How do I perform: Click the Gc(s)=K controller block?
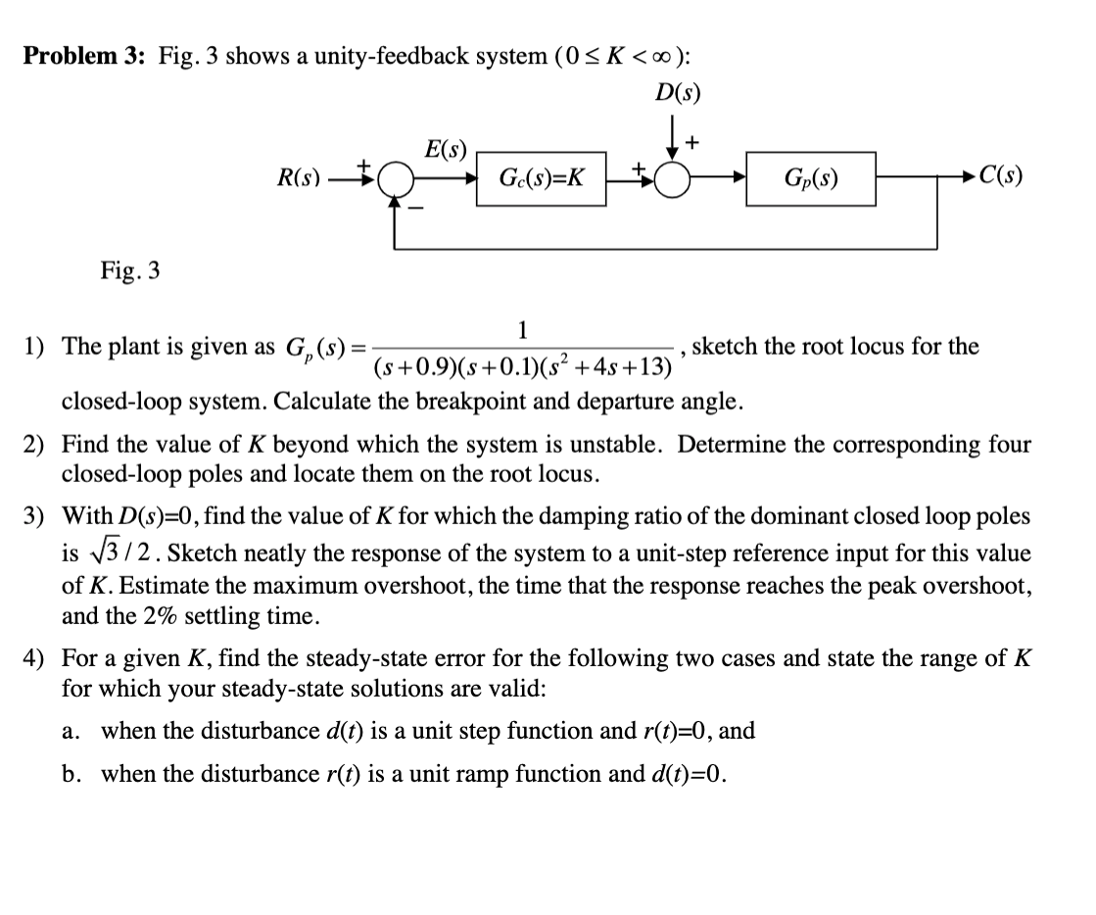(542, 178)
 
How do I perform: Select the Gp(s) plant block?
(810, 178)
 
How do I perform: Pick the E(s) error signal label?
(446, 150)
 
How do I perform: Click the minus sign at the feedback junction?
(413, 209)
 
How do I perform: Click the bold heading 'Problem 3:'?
(84, 56)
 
